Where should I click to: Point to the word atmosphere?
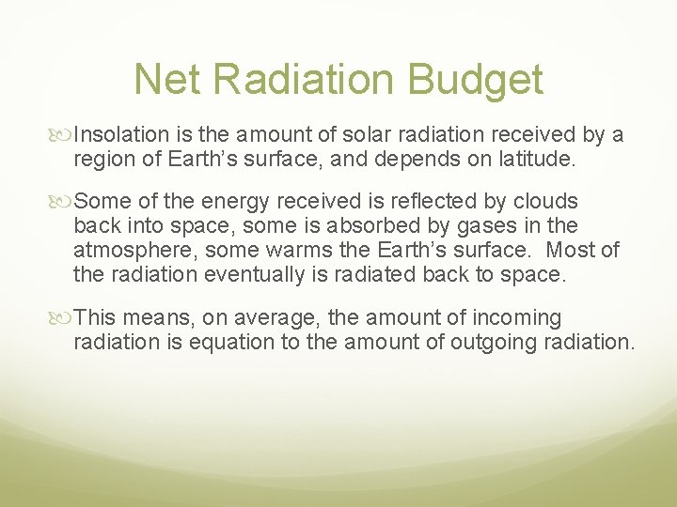(133, 251)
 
